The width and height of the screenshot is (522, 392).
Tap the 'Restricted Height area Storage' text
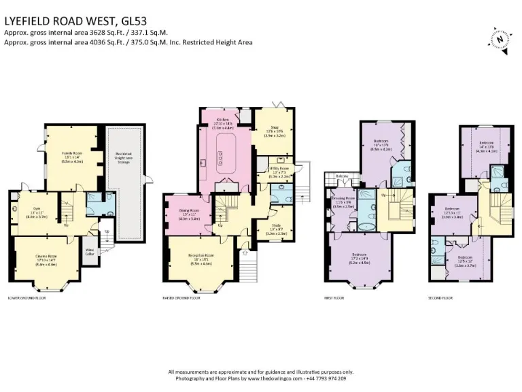tap(128, 156)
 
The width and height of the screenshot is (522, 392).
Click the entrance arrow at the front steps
tap(245, 252)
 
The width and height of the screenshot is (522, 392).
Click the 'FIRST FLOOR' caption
tap(335, 298)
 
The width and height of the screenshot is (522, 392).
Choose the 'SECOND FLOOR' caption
tap(442, 298)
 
